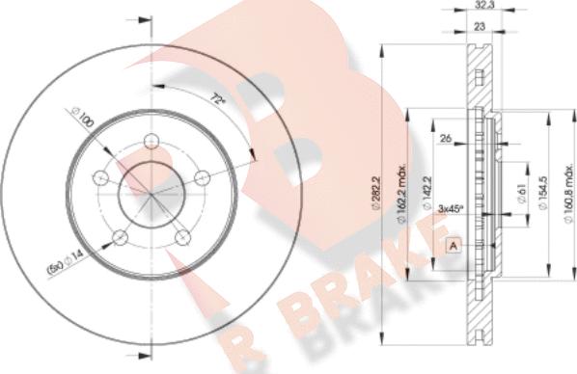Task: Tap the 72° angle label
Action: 218,99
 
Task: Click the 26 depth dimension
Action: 445,139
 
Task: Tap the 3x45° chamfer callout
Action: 450,207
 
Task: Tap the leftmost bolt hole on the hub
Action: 100,178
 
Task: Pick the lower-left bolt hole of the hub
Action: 120,237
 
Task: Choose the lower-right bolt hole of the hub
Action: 182,237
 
